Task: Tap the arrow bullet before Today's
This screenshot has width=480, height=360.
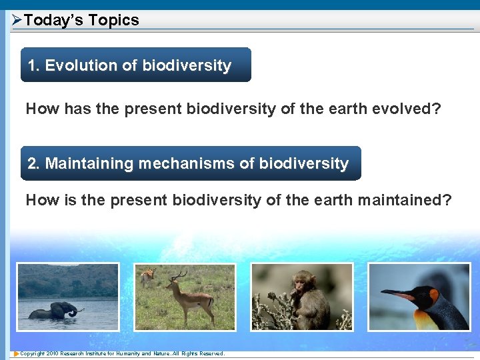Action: coord(17,20)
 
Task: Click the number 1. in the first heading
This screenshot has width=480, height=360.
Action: coord(34,65)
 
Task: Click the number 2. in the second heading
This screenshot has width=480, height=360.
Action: coord(34,163)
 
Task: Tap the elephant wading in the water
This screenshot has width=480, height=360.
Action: coord(55,311)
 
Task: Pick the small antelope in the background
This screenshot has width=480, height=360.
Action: coord(147,275)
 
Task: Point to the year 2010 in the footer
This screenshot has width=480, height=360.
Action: coord(53,353)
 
